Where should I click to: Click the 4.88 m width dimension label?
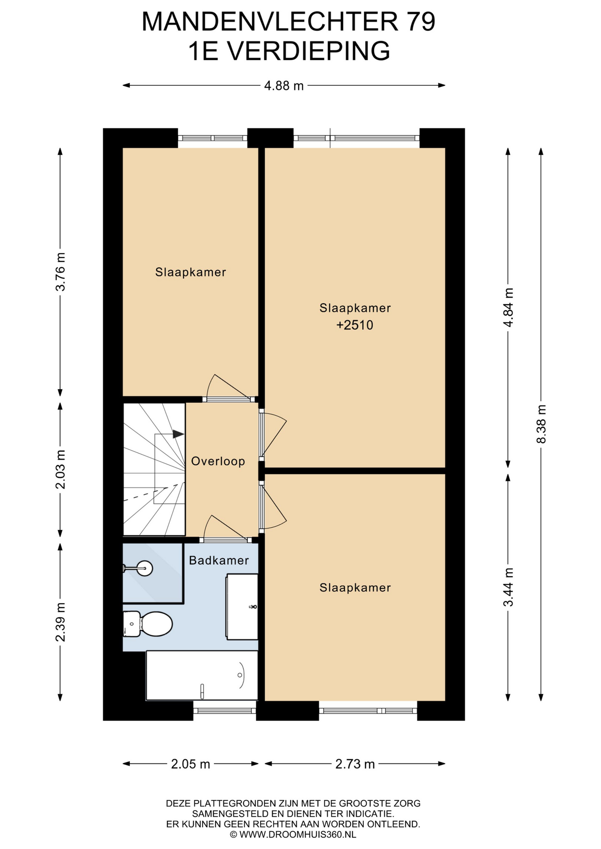click(284, 85)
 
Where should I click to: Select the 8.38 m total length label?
click(541, 424)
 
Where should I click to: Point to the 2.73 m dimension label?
click(355, 764)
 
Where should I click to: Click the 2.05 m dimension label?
click(190, 764)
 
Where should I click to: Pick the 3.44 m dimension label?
click(509, 587)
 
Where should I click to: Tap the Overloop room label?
click(218, 461)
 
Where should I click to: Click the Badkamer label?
click(219, 560)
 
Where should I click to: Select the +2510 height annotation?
click(355, 325)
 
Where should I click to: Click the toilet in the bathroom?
click(147, 624)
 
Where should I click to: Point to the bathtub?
click(202, 675)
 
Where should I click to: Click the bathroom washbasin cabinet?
click(242, 607)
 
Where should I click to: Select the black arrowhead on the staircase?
click(178, 434)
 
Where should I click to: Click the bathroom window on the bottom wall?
click(224, 711)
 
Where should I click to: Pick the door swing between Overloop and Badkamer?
click(226, 528)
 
